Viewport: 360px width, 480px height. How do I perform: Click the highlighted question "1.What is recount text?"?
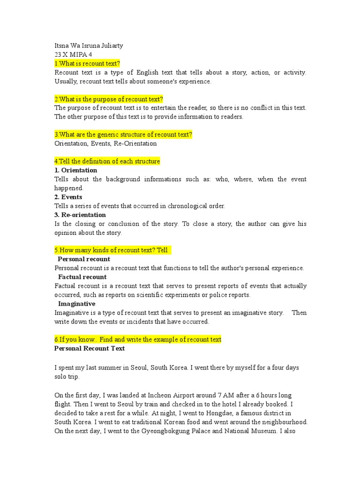coord(87,63)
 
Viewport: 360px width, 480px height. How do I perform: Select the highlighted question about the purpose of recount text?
coord(109,99)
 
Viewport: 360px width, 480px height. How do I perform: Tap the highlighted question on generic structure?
coord(123,135)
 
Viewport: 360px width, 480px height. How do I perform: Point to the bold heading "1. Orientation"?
coord(76,170)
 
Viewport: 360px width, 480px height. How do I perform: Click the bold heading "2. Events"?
coord(68,197)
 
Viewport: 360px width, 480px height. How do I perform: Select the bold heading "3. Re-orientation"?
coord(80,215)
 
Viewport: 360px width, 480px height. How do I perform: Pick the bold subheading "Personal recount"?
coord(84,259)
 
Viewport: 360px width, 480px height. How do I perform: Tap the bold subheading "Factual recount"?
coord(82,277)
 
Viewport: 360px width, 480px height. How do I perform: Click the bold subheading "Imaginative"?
coord(76,304)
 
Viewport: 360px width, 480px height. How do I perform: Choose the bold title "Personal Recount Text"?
coord(90,348)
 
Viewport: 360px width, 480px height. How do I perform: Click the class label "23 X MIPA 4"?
coord(74,54)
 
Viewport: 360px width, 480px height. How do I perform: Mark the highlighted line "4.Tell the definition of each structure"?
coord(107,161)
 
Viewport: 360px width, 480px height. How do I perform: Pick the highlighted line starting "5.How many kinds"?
coord(112,250)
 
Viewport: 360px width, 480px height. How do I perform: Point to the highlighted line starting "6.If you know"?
coord(138,339)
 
